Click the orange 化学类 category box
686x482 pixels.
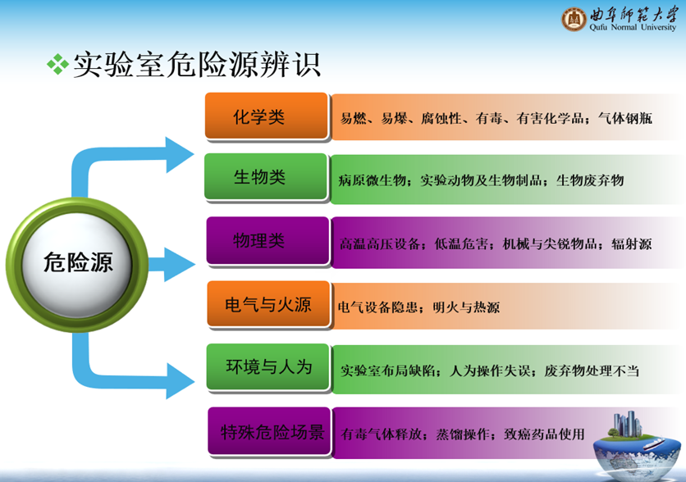point(267,116)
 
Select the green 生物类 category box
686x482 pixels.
point(266,177)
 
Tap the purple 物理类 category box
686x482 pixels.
point(268,240)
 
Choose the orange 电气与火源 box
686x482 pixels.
point(268,304)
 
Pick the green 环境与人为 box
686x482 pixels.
point(268,367)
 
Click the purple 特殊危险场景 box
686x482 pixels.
point(269,431)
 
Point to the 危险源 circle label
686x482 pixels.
point(78,262)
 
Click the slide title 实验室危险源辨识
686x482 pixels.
point(197,65)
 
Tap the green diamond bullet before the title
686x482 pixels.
point(57,64)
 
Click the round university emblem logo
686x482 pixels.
point(574,19)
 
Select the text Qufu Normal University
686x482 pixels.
point(633,27)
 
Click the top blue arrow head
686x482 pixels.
point(180,155)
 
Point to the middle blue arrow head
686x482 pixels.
point(180,265)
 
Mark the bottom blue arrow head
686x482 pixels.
point(180,381)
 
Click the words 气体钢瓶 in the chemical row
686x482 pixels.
point(625,118)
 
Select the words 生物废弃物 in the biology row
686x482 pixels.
point(590,180)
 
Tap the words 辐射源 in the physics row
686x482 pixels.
point(632,243)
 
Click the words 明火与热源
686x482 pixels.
point(466,307)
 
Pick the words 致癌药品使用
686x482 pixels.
point(544,434)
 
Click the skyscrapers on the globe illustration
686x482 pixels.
point(628,423)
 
